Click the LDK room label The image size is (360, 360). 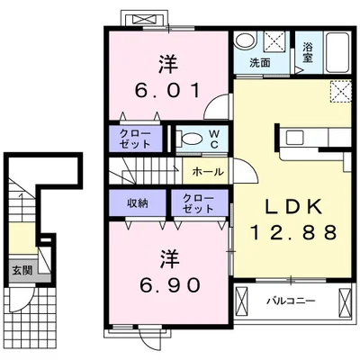click(293, 206)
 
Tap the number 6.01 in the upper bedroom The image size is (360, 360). click(167, 90)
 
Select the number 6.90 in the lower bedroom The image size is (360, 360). click(169, 285)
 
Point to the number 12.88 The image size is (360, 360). click(293, 232)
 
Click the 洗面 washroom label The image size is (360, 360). click(260, 63)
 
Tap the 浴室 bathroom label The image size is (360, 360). click(308, 52)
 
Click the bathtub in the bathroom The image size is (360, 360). click(337, 52)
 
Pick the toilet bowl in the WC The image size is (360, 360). click(192, 139)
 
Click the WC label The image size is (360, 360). click(214, 139)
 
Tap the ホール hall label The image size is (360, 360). click(208, 172)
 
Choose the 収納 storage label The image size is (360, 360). click(138, 203)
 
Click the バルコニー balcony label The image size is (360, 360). click(292, 301)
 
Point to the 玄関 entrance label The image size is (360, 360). click(22, 270)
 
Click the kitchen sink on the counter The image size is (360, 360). click(292, 138)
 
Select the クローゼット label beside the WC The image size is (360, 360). click(135, 139)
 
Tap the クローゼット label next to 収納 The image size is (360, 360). click(198, 203)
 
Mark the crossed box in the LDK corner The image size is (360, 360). click(341, 92)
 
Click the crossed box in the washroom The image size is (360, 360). click(274, 40)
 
